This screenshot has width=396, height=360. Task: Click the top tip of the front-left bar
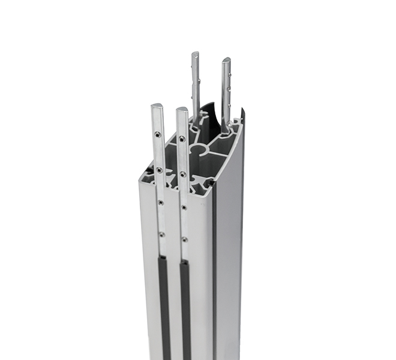[x=157, y=107]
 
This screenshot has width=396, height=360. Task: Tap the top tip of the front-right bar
[x=182, y=110]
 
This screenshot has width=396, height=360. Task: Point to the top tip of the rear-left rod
[x=196, y=54]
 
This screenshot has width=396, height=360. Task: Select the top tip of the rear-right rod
[x=226, y=60]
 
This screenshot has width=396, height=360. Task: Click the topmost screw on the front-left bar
[x=157, y=134]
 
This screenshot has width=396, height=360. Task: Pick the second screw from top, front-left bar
[x=160, y=170]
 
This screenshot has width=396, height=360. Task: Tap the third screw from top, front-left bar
[x=161, y=203]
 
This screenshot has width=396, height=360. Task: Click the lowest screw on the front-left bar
[x=162, y=235]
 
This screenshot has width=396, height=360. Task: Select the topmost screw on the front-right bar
[x=182, y=139]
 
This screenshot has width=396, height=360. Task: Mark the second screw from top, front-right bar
[x=183, y=175]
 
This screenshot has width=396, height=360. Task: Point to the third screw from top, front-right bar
[x=184, y=208]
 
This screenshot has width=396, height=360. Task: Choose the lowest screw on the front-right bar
[x=184, y=239]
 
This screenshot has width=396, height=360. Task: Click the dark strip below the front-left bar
[x=164, y=306]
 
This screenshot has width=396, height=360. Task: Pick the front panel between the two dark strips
[x=175, y=300]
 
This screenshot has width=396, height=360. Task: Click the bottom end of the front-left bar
[x=163, y=254]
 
